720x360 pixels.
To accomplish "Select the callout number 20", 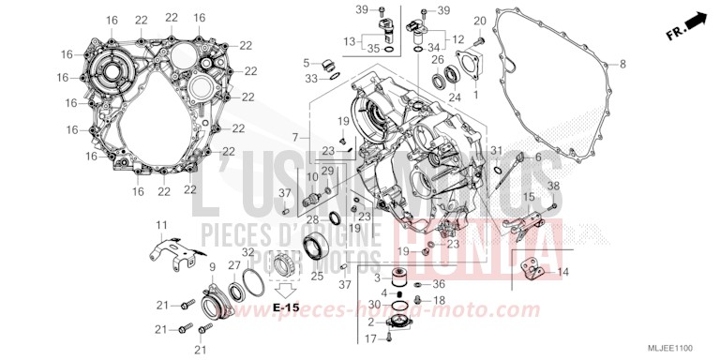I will [x=479, y=21].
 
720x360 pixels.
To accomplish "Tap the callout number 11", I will [x=160, y=225].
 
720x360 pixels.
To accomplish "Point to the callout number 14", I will [x=562, y=272].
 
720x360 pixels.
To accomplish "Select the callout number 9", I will [x=212, y=267].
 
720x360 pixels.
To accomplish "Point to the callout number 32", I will [x=247, y=252].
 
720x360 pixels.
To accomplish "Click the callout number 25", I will [x=316, y=277].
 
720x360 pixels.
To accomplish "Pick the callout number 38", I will [x=553, y=186].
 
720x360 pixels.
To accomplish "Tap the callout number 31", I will [x=497, y=150].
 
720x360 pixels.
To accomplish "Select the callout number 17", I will [x=371, y=337].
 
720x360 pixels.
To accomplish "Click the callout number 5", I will [x=306, y=64].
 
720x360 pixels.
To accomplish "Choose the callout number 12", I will [x=458, y=39].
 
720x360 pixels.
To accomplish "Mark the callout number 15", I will [x=529, y=197].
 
